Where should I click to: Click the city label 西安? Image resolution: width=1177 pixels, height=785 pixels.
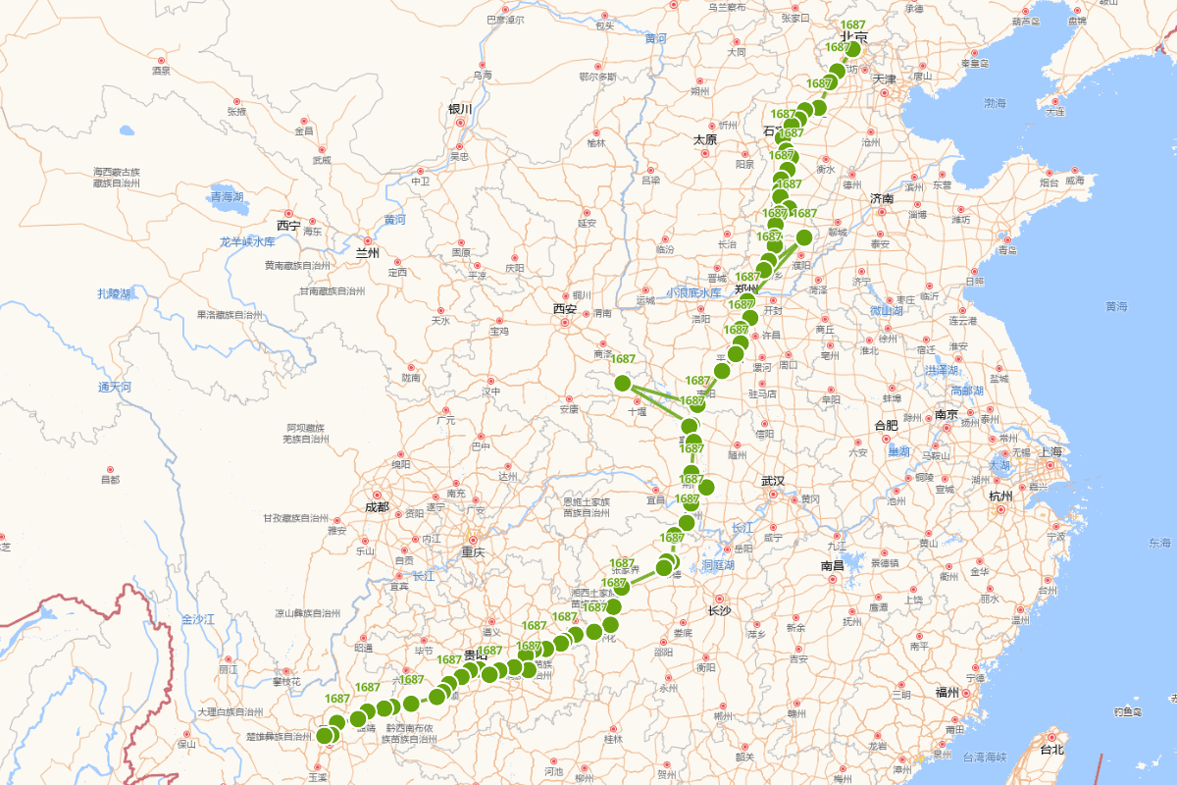[x=564, y=308]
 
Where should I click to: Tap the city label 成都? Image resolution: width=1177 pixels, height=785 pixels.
[x=377, y=507]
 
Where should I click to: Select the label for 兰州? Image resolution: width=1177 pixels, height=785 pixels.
[x=367, y=253]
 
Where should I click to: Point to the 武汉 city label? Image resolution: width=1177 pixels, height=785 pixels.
[x=773, y=481]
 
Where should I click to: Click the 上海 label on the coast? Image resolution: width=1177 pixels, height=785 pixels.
[x=1050, y=451]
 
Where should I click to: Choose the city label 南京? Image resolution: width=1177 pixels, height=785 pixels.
[x=947, y=414]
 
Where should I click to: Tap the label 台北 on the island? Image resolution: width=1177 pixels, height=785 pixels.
[x=1051, y=750]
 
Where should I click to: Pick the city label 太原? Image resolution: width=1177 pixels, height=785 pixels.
[x=705, y=139]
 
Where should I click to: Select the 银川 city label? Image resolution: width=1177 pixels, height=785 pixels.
[x=460, y=109]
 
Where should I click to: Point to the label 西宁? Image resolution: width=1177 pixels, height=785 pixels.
[x=288, y=225]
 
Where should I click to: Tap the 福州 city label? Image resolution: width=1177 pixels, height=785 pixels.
[x=947, y=692]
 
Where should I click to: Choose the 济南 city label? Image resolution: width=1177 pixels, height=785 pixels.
[x=882, y=198]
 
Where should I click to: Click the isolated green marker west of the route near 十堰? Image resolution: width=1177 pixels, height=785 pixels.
[x=622, y=383]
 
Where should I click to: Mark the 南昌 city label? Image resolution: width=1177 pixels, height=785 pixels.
[x=833, y=566]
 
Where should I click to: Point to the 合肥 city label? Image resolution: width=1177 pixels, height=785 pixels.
[x=886, y=425]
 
